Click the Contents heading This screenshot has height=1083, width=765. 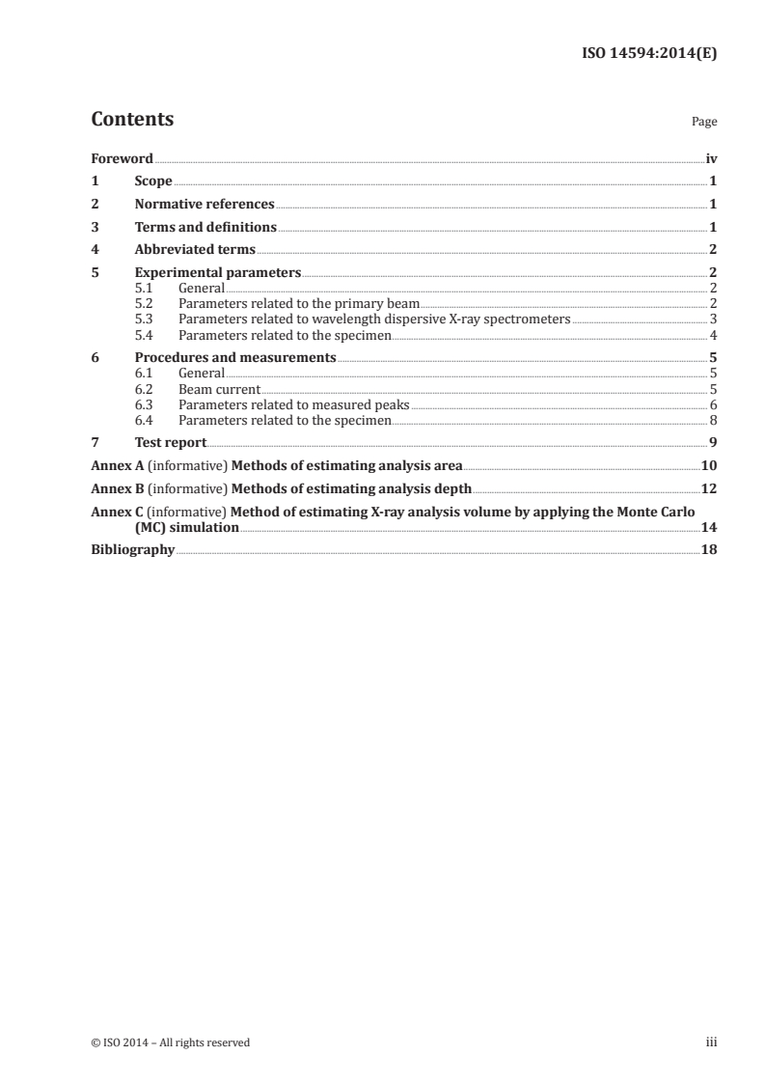click(132, 120)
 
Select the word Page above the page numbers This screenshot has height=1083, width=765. click(704, 123)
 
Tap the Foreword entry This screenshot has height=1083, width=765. click(122, 158)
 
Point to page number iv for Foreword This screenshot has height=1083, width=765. click(711, 158)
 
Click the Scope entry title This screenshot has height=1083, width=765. click(153, 181)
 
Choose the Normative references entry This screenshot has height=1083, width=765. click(205, 205)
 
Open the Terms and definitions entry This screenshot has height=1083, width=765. click(205, 228)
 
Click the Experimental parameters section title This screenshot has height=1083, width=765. click(218, 273)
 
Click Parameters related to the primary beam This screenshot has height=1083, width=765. click(299, 303)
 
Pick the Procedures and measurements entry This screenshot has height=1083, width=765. click(235, 357)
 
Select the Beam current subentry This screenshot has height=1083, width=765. click(219, 389)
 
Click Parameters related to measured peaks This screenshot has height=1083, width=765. click(294, 404)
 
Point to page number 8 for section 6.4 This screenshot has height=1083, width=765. click(713, 420)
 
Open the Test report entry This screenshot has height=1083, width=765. click(171, 443)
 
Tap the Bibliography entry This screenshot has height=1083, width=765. click(132, 549)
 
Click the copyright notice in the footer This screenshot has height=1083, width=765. click(171, 1042)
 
